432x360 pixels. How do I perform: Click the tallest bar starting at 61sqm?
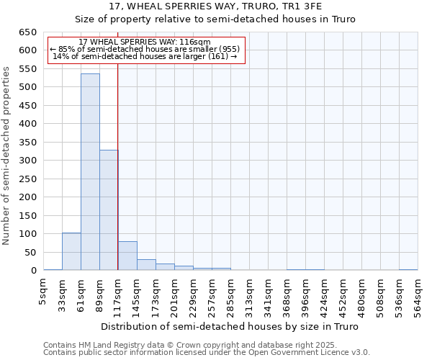(90, 172)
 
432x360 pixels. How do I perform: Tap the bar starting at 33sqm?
(71, 251)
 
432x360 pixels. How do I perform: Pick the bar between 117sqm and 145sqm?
(127, 256)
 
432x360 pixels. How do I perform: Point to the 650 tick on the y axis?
(27, 32)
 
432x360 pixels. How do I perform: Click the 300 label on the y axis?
(27, 161)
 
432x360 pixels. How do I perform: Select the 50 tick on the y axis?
(30, 252)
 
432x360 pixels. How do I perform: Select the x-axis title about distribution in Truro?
(229, 326)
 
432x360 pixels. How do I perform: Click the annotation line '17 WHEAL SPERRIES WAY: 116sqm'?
(144, 42)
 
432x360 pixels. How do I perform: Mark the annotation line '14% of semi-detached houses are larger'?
(144, 56)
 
